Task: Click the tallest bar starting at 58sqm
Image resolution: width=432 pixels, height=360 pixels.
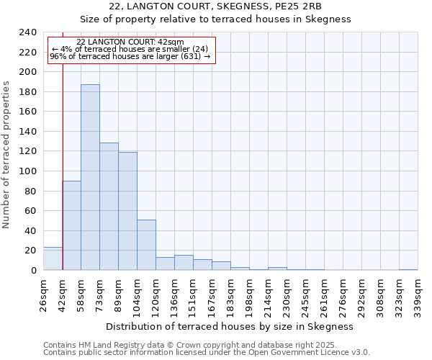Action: (90, 177)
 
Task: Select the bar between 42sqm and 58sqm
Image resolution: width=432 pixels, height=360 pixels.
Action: (71, 225)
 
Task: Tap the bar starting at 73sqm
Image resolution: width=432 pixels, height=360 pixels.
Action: (109, 207)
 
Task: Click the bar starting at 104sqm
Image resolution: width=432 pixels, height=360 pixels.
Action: (146, 245)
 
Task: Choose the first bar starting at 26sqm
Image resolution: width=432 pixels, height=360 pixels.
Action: (53, 258)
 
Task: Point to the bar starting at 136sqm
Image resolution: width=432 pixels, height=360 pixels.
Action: (184, 263)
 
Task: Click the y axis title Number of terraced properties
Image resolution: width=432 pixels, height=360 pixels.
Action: (7, 154)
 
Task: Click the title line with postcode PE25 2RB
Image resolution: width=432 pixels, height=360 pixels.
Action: (215, 6)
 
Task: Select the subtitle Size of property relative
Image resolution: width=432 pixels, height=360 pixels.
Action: (215, 19)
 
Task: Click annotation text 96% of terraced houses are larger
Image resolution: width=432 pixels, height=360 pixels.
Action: (130, 56)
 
